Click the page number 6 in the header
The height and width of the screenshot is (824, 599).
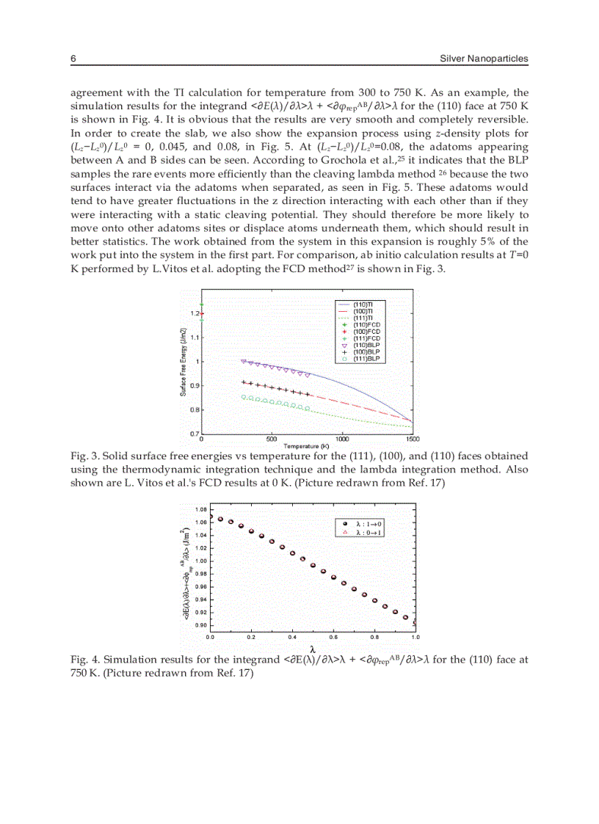click(73, 59)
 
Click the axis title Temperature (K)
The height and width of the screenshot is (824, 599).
click(306, 445)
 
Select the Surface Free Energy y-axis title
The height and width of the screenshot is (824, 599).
click(183, 362)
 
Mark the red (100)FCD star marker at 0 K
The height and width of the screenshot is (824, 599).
click(202, 314)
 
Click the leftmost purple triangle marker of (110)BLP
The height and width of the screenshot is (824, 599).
click(244, 361)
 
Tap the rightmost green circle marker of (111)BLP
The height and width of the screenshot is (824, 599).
click(307, 408)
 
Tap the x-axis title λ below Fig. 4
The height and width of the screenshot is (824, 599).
click(313, 649)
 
